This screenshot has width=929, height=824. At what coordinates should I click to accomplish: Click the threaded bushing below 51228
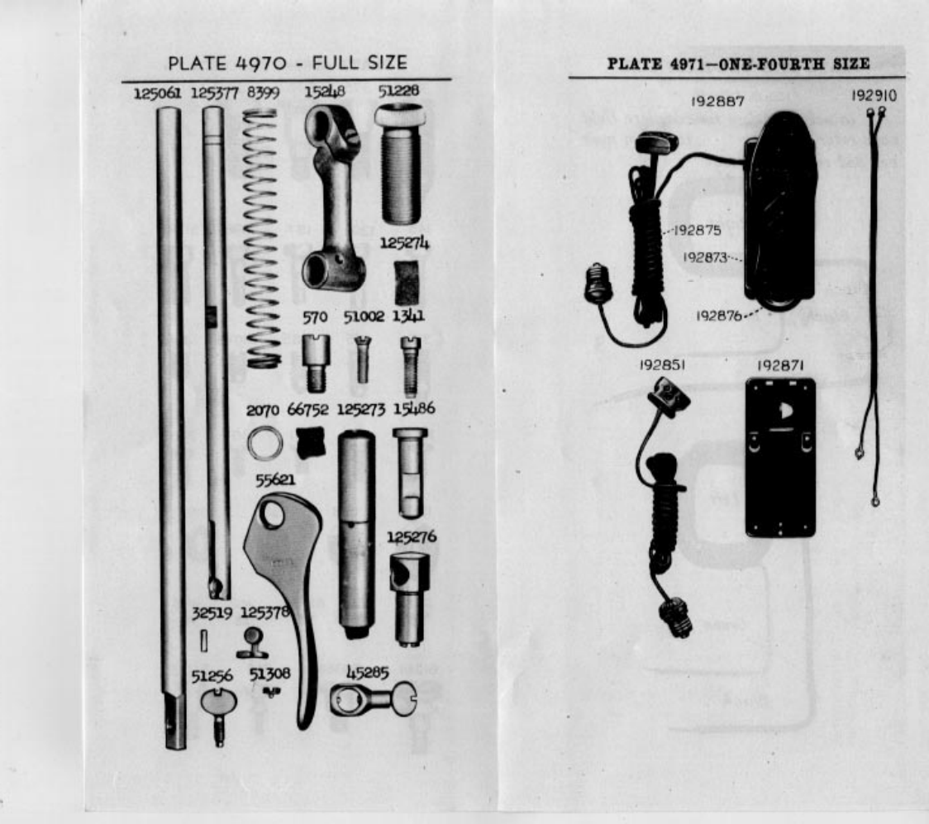(x=401, y=169)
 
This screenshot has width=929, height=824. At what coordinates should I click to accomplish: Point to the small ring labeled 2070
(x=264, y=444)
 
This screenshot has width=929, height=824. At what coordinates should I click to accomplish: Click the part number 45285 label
(x=367, y=674)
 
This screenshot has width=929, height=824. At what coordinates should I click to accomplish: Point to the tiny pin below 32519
(x=203, y=641)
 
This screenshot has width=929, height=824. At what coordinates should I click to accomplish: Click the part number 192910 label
(x=874, y=96)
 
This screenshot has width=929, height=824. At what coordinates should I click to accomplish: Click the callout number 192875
(x=698, y=231)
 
